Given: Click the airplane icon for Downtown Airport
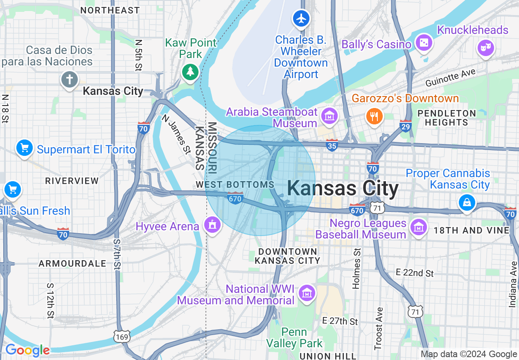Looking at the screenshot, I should click(301, 19).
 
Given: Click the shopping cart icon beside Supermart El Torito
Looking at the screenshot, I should click(25, 148).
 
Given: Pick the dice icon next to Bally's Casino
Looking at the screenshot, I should click(424, 42).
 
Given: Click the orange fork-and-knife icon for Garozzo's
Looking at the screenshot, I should click(374, 115).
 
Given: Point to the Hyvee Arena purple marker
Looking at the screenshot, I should click(212, 225).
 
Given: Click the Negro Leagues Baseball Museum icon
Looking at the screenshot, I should click(418, 226).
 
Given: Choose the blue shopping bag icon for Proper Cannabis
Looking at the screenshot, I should click(466, 202).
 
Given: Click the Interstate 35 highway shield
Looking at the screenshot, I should click(332, 145).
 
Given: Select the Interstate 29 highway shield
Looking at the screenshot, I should click(405, 125).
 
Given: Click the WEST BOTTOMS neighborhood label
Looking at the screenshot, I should click(235, 184).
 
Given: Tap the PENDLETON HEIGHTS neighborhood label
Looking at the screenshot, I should click(447, 118).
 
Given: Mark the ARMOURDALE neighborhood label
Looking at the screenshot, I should click(72, 264).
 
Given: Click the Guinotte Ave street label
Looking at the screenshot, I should click(450, 78).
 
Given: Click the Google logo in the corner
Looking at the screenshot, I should click(27, 351).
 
